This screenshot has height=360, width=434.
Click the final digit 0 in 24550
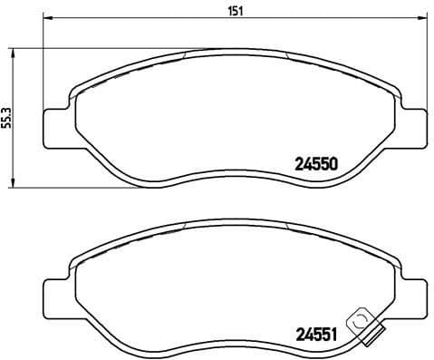(x=333, y=165)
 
